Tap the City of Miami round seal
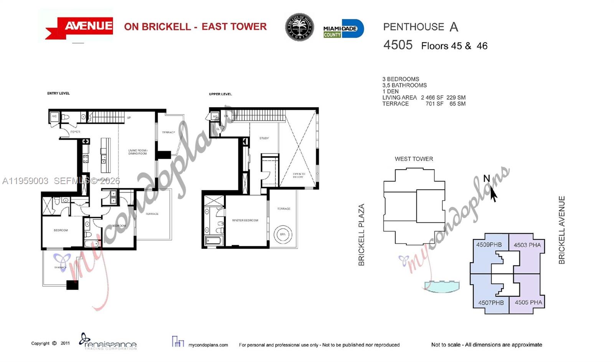click(299, 27)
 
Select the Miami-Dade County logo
click(343, 29)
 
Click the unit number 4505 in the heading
click(398, 45)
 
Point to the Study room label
click(264, 138)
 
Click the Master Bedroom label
click(245, 220)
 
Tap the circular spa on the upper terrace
click(283, 234)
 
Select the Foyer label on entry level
click(75, 132)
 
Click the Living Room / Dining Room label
click(137, 152)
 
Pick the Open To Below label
click(299, 175)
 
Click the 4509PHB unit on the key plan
click(489, 245)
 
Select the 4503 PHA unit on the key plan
click(527, 245)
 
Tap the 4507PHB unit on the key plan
click(490, 303)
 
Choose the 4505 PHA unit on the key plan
click(528, 302)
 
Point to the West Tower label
click(414, 159)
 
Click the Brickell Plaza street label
click(361, 235)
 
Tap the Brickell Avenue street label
click(562, 230)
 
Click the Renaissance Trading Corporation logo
click(108, 342)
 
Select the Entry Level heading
click(58, 93)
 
